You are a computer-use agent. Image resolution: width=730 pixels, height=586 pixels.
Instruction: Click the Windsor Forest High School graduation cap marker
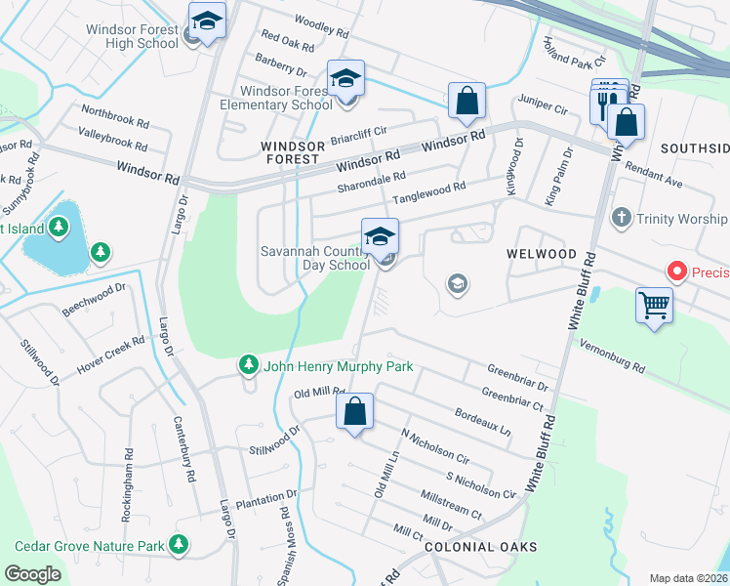click(207, 21)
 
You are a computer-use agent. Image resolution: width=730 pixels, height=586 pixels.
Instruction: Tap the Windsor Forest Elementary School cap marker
click(345, 78)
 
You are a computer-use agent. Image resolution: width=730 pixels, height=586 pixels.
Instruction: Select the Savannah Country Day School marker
click(380, 236)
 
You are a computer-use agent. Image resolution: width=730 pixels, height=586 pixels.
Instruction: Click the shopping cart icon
click(654, 304)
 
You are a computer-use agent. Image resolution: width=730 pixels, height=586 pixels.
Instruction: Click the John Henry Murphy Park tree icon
click(249, 365)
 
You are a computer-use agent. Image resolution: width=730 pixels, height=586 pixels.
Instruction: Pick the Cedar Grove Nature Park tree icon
click(178, 543)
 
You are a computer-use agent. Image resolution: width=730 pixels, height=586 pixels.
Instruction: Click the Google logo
click(32, 573)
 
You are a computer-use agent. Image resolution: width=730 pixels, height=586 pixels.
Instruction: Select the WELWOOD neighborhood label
click(541, 253)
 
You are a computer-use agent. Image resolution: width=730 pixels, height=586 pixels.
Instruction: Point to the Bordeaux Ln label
click(482, 421)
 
